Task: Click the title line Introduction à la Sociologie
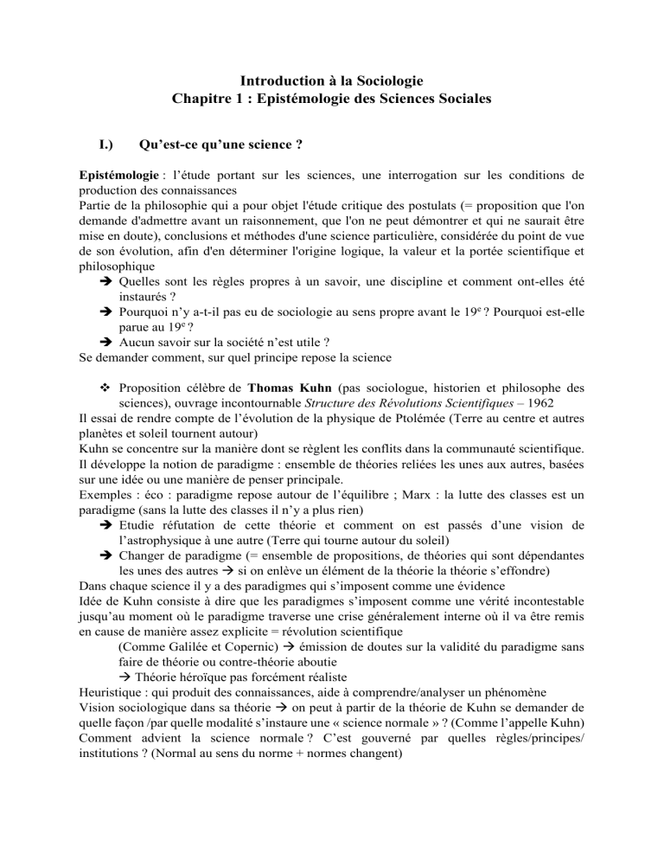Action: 330,81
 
